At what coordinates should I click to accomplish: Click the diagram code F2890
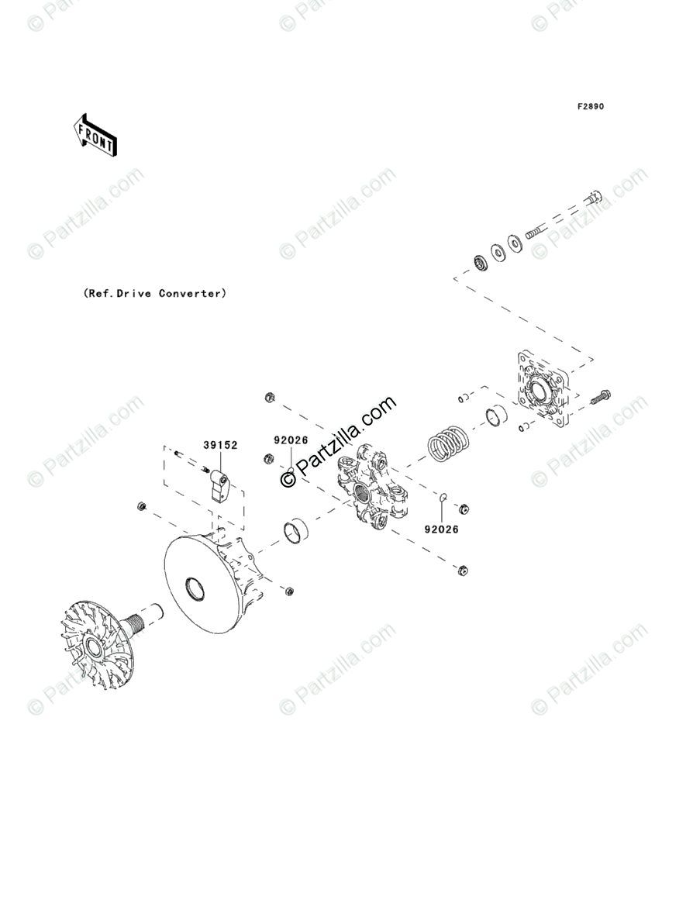[589, 106]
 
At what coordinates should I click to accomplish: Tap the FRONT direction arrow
[95, 136]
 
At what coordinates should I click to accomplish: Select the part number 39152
[220, 445]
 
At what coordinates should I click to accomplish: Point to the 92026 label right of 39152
[290, 440]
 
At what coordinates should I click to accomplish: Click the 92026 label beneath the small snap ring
[441, 529]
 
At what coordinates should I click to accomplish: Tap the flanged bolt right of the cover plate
[600, 398]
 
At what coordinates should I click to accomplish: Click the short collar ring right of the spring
[496, 418]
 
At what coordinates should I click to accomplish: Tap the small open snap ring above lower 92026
[443, 498]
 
